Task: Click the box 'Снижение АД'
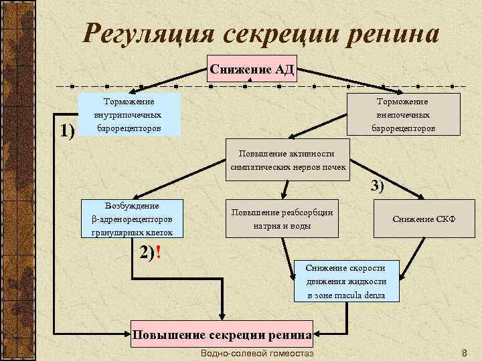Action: click(251, 69)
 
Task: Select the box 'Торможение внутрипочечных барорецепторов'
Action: click(129, 114)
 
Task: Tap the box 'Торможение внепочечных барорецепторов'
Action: click(404, 114)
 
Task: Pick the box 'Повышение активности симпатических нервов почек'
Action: click(287, 160)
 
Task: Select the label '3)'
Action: click(377, 187)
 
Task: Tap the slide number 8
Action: click(465, 352)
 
